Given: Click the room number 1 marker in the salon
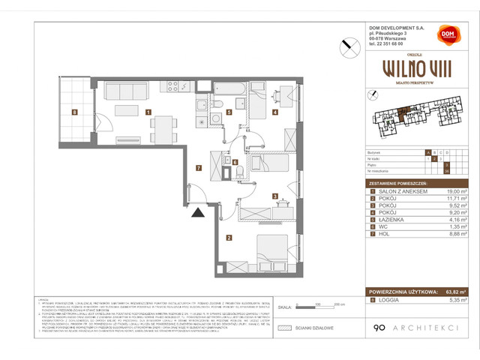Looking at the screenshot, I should coord(149,113).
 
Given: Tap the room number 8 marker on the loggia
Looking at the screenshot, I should coord(74,113).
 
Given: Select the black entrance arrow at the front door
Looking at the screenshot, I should coord(196,213).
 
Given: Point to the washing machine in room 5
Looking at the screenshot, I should coord(202,122).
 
